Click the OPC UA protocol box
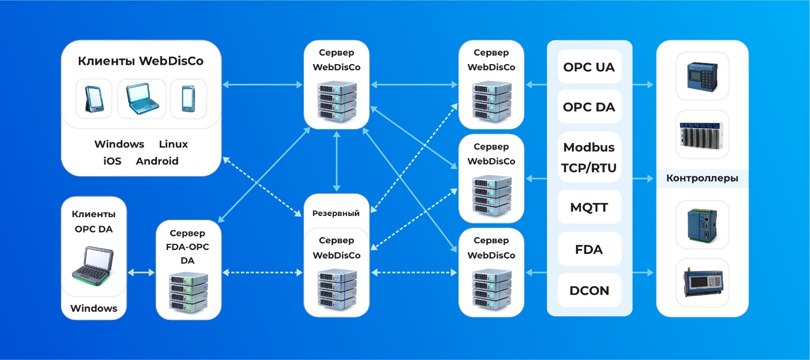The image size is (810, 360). [589, 67]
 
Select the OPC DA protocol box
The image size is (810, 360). [589, 107]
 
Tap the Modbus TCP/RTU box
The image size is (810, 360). [589, 157]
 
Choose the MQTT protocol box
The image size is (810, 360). [589, 207]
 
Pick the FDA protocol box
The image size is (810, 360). [589, 249]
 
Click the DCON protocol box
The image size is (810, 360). [589, 290]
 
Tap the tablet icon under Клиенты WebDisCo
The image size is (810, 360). [94, 99]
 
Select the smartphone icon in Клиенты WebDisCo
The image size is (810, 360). [188, 99]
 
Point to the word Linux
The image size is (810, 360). [173, 144]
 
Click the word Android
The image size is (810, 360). [157, 161]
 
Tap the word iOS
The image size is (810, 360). [112, 161]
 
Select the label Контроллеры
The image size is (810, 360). [702, 179]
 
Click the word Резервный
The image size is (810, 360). [336, 214]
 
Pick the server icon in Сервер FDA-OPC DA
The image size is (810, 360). [188, 293]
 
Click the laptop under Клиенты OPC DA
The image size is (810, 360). [94, 265]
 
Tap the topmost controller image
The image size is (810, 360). [702, 75]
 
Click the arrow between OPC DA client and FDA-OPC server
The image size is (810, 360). [141, 273]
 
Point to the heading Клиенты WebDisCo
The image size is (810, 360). [141, 61]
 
